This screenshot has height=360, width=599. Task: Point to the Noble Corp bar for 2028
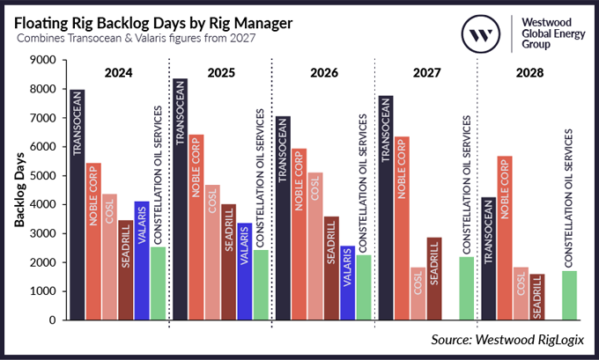[505, 238]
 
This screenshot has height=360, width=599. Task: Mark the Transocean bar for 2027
[386, 208]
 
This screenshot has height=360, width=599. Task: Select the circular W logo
[482, 36]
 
